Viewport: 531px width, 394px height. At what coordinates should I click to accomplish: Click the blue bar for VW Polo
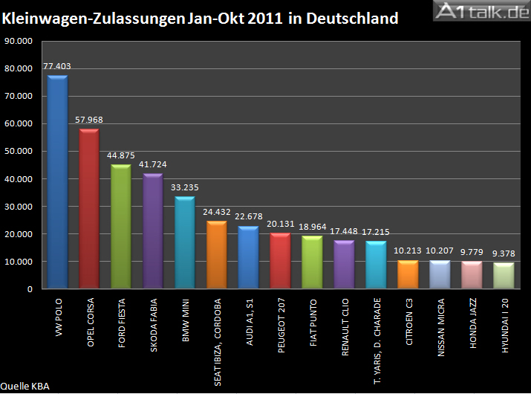click(x=57, y=182)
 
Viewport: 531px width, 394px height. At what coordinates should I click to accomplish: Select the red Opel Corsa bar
click(x=89, y=209)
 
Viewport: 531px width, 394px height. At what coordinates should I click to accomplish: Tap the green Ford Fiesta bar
click(x=121, y=227)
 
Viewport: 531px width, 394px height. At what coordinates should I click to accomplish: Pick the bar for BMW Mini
click(x=185, y=242)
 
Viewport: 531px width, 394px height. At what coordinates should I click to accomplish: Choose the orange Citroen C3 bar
click(x=408, y=274)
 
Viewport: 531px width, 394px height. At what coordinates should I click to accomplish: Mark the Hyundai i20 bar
click(x=504, y=276)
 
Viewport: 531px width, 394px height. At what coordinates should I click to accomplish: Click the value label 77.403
click(x=57, y=66)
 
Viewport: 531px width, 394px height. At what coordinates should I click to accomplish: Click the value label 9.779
click(x=472, y=252)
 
